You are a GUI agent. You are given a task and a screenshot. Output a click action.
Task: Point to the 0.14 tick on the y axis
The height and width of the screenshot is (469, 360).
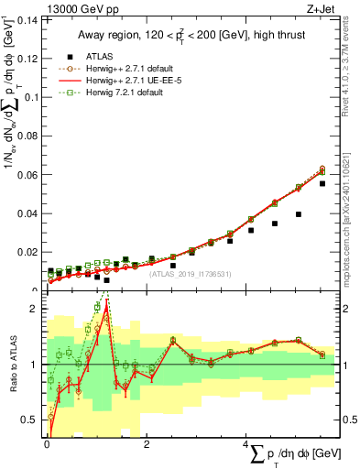[27, 19]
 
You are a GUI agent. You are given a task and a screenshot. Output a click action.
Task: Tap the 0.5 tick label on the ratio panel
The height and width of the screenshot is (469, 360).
[30, 420]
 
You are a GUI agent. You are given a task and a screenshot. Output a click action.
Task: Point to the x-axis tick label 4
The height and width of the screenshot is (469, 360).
[247, 443]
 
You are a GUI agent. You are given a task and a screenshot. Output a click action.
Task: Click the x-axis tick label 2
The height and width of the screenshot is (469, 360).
[147, 443]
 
